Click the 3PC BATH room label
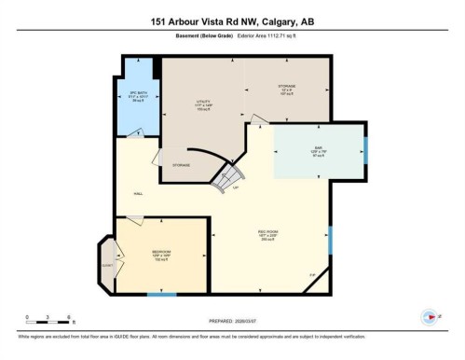138,97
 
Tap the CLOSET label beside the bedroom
106,265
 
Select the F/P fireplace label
312,273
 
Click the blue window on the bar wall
365,149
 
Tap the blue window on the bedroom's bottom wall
161,295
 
